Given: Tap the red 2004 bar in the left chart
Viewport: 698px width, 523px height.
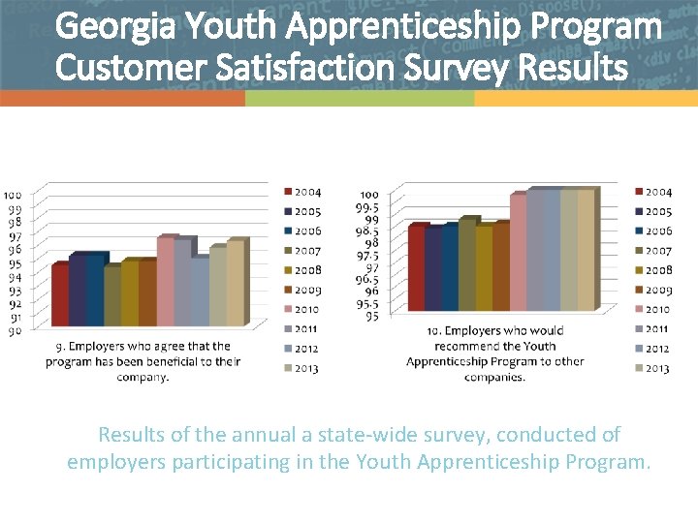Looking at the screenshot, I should click(x=60, y=294).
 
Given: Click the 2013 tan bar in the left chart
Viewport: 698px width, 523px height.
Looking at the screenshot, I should click(x=235, y=283).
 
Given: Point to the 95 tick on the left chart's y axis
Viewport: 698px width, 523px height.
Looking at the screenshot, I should click(x=15, y=263).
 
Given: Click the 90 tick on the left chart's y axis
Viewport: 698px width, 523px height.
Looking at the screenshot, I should click(x=15, y=331).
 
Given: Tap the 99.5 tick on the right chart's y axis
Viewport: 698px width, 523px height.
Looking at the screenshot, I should click(x=369, y=207).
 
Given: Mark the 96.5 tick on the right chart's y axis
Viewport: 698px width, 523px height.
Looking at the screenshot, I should click(x=369, y=279).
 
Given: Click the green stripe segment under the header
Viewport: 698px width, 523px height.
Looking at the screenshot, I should click(x=359, y=99).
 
